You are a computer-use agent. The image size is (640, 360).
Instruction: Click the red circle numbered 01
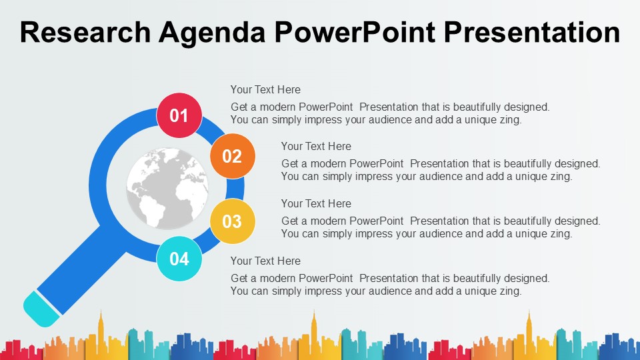pos(179,115)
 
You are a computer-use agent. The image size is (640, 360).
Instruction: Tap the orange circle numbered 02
pos(233,156)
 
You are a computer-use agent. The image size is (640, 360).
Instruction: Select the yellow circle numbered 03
pos(233,221)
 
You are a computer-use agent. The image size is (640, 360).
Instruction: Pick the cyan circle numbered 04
pos(179,259)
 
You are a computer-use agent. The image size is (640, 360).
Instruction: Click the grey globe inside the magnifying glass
pos(167,188)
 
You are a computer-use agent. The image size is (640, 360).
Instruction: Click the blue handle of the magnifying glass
pos(81,269)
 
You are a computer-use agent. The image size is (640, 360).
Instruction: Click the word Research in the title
pos(85,32)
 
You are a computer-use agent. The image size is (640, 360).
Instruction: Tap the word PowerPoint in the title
pos(355,32)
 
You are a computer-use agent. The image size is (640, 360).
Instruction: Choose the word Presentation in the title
pos(532,32)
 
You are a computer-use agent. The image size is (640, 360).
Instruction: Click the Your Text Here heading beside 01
pos(265,89)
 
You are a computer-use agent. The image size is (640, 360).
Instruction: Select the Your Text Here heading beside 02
pos(316,146)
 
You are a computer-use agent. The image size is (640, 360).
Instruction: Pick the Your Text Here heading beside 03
pos(316,203)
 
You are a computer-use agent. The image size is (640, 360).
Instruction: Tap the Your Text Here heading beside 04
pos(265,261)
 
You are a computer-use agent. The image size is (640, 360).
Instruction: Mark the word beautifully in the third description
pos(529,221)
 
